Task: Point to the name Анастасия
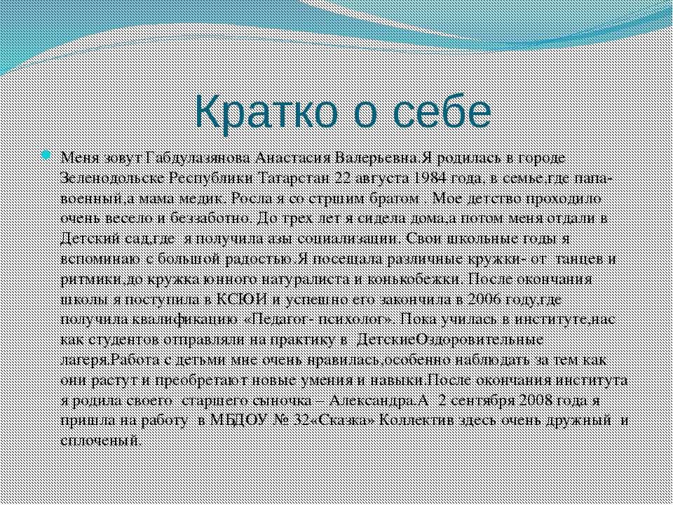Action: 293,159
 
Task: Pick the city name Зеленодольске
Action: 114,179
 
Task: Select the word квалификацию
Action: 185,321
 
